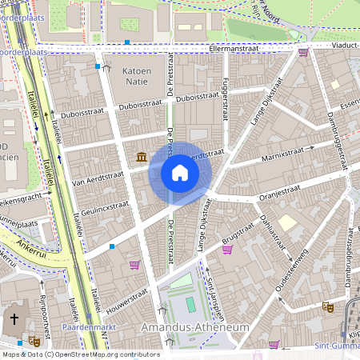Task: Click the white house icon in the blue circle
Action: click(x=180, y=173)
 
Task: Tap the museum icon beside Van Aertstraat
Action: click(x=142, y=156)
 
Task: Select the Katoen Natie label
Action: click(x=136, y=77)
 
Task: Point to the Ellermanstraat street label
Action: click(x=235, y=48)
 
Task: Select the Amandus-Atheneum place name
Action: click(x=194, y=328)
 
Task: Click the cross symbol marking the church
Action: click(x=14, y=320)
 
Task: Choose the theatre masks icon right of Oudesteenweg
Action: click(x=327, y=306)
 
